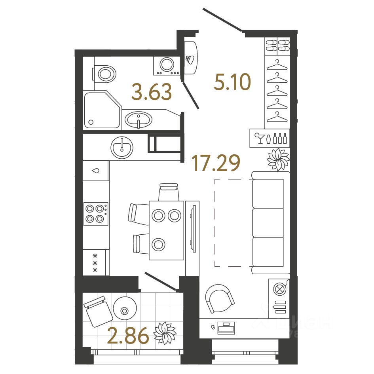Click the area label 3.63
(152, 92)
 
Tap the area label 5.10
(232, 82)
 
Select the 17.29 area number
(216, 163)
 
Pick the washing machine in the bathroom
(167, 65)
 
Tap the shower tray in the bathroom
(101, 110)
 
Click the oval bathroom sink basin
(138, 119)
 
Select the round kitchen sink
(122, 147)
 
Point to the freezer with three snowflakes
(95, 263)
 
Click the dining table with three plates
(166, 230)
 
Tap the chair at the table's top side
(169, 192)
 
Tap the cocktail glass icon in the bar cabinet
(259, 138)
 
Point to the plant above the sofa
(278, 159)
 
